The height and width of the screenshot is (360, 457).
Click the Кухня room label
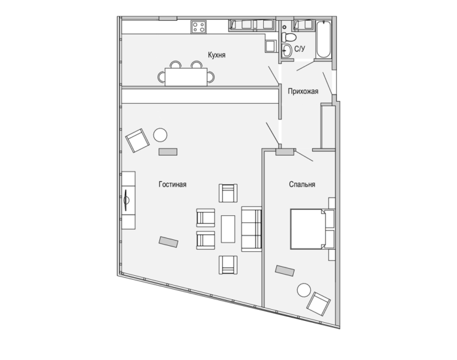click(217, 55)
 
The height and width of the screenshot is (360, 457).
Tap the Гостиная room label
click(172, 185)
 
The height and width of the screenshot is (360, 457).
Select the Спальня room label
click(302, 185)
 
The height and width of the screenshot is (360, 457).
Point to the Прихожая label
click(303, 91)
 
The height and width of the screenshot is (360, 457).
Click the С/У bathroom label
click(300, 49)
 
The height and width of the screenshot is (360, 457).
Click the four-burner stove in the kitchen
click(198, 27)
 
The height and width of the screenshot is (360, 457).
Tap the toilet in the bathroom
click(289, 37)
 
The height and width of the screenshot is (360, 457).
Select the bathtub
click(323, 40)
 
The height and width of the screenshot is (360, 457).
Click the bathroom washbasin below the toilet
click(287, 51)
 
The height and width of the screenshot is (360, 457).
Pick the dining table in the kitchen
click(186, 77)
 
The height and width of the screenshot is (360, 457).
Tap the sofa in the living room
click(251, 229)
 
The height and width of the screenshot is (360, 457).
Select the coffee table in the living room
click(228, 229)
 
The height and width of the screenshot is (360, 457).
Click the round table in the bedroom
click(304, 290)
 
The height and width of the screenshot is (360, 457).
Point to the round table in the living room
click(161, 135)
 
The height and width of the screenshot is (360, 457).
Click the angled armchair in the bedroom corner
click(319, 304)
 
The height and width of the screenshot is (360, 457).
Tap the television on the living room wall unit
click(126, 200)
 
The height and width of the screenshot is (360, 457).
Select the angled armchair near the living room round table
click(137, 141)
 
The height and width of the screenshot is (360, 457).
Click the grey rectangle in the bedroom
click(285, 271)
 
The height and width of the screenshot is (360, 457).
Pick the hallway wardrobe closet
click(328, 127)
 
